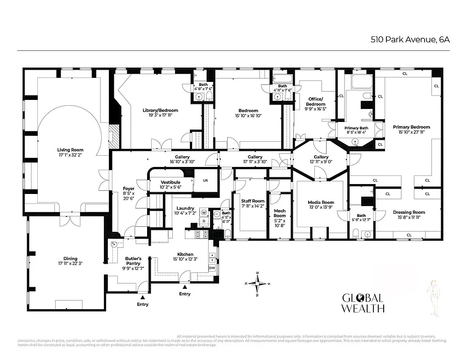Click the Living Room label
pyautogui.click(x=70, y=150)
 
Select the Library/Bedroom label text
pyautogui.click(x=160, y=110)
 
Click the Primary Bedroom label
pyautogui.click(x=411, y=127)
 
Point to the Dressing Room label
pyautogui.click(x=409, y=212)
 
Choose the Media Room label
pyautogui.click(x=321, y=202)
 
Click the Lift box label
pyautogui.click(x=206, y=180)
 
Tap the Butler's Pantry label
pyautogui.click(x=133, y=258)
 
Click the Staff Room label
pyautogui.click(x=252, y=201)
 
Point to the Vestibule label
pyautogui.click(x=170, y=182)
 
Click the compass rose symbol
pyautogui.click(x=258, y=283)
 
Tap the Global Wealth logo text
pyautogui.click(x=363, y=303)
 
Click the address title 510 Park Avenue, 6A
pyautogui.click(x=410, y=39)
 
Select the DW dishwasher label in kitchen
pyautogui.click(x=212, y=268)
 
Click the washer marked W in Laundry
pyautogui.click(x=203, y=212)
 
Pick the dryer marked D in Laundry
pyautogui.click(x=203, y=221)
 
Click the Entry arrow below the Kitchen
pyautogui.click(x=184, y=286)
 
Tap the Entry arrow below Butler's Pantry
pyautogui.click(x=143, y=297)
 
